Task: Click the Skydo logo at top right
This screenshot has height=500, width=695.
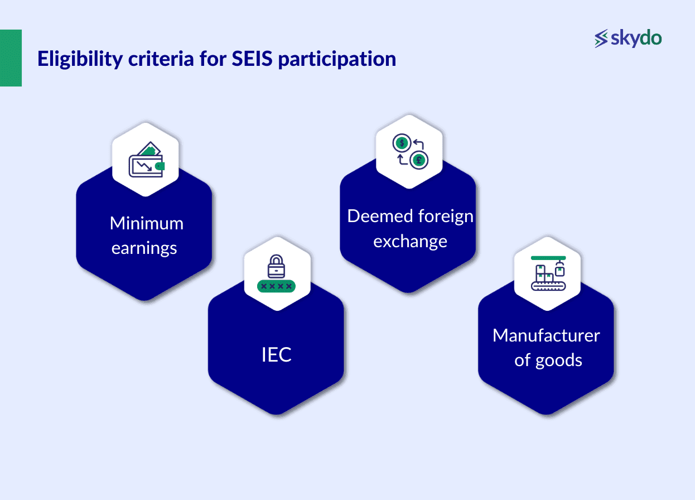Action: coord(628,39)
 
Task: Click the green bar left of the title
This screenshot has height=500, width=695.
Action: coord(11,58)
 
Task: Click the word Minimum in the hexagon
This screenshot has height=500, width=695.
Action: coord(146,223)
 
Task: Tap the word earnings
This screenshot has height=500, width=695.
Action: coord(144,248)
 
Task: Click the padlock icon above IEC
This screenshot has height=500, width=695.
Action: coord(276,266)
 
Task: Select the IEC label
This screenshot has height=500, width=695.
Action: coord(276,355)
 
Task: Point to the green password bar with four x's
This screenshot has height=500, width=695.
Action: coord(276,286)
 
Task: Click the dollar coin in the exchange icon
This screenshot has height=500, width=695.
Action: coord(400,143)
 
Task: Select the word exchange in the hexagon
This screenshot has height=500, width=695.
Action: coord(410,241)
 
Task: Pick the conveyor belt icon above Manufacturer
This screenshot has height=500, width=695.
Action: coord(547,273)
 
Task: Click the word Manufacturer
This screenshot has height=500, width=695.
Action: coord(546,335)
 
